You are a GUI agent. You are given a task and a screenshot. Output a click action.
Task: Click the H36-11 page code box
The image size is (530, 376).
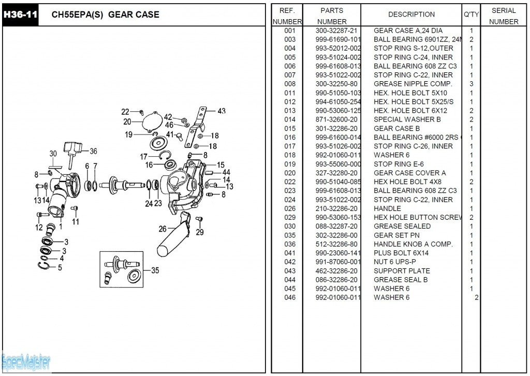point(20,14)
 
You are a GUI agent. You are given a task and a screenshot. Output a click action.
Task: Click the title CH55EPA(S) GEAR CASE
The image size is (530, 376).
point(105,14)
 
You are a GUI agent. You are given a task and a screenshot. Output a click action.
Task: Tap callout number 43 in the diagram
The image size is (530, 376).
point(222,111)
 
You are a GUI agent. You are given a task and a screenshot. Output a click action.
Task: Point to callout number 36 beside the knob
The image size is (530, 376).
point(93,151)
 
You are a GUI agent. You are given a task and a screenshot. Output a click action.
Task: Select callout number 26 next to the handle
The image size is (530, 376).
point(163,229)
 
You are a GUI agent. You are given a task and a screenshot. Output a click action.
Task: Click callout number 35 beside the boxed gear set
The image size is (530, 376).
point(155,270)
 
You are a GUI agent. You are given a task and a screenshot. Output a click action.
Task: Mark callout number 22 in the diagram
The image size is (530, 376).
point(125,112)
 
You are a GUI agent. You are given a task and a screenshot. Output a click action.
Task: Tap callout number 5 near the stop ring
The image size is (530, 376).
point(60,267)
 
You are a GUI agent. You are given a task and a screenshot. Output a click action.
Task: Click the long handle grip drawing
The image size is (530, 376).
point(173,237)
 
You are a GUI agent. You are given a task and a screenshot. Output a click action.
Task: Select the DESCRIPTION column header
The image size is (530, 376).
point(411,14)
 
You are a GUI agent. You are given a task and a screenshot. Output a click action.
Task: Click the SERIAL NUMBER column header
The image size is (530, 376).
point(503,16)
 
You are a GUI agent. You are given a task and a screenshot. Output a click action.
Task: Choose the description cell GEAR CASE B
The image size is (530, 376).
point(396,128)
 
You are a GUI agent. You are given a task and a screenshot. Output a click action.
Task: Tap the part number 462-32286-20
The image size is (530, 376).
point(336,270)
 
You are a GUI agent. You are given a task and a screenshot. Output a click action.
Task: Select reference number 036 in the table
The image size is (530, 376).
point(290,244)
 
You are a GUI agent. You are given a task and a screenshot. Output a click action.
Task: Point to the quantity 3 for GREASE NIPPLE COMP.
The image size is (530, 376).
point(472,84)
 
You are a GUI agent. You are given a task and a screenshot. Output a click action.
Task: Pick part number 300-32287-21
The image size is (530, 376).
point(336,31)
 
